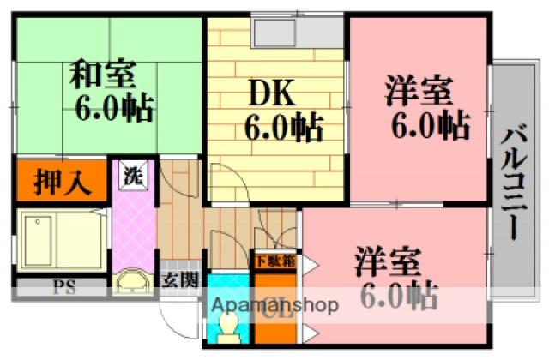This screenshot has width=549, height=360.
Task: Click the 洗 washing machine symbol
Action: [x=133, y=178]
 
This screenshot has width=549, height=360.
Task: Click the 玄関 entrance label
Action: [x=181, y=279]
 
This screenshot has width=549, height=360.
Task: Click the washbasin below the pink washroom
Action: [x=133, y=281]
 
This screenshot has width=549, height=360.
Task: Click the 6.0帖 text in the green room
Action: [x=114, y=109]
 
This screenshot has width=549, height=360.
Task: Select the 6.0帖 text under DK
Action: [x=283, y=130]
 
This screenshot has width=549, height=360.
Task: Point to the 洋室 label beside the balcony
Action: [x=418, y=90]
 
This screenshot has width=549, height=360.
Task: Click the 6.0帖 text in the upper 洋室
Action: [x=431, y=127]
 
